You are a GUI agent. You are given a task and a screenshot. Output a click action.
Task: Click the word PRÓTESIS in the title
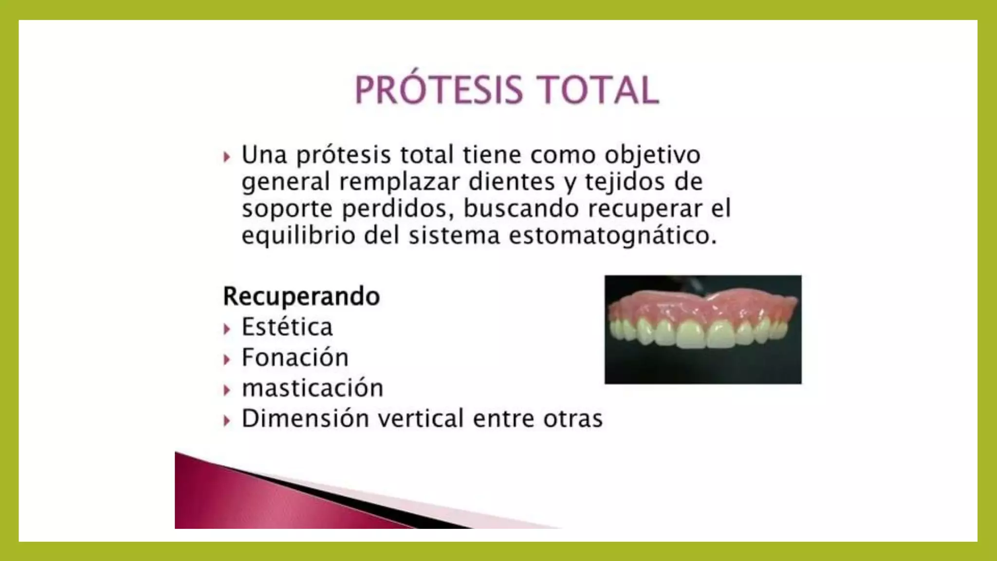[x=439, y=90]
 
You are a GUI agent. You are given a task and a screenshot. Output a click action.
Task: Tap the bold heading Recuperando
[x=301, y=296]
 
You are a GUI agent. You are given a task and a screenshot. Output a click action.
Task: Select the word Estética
[x=287, y=327]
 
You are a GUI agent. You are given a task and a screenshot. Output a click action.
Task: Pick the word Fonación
[x=295, y=357]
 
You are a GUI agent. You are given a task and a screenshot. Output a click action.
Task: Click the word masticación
[x=313, y=388]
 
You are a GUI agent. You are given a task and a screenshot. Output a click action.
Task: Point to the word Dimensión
[x=305, y=419]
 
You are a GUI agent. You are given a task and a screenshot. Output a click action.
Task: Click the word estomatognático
[x=612, y=236]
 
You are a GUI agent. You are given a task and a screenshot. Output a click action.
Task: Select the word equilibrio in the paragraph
[x=298, y=236]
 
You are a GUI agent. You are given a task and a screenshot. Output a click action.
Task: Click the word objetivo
[x=652, y=155]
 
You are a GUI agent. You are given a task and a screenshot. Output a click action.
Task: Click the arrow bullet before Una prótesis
[x=226, y=157]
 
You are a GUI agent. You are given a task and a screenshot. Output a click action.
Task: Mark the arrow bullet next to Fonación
[x=226, y=360]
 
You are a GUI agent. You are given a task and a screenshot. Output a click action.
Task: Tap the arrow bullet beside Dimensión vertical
[x=226, y=421]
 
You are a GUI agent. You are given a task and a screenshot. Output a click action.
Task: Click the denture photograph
[x=702, y=329]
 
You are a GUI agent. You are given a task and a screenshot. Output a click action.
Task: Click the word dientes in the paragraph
[x=511, y=182]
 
